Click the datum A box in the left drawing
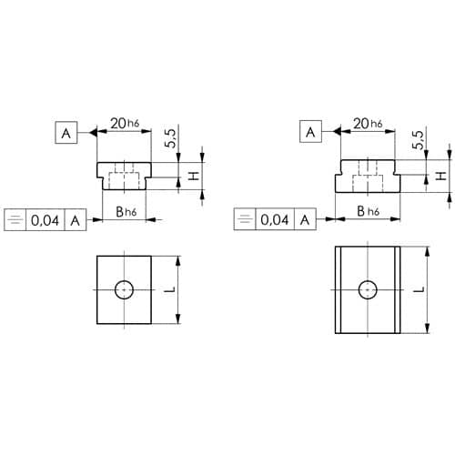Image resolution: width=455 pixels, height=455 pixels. (66, 133)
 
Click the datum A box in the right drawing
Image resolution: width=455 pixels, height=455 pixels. (310, 131)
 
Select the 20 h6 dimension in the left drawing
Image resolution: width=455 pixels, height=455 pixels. (125, 124)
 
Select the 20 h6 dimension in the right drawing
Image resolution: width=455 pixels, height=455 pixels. (368, 124)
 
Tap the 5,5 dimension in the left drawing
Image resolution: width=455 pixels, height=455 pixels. (171, 138)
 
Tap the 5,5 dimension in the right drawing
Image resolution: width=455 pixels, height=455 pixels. (418, 139)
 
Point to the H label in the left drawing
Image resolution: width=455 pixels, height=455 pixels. (194, 176)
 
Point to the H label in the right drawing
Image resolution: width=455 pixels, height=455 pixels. (440, 176)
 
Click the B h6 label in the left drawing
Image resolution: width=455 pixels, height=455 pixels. (126, 212)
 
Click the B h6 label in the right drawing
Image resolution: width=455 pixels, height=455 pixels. (369, 211)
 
